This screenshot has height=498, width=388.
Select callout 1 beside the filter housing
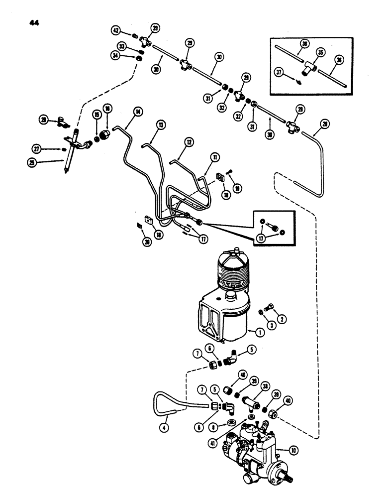pos(259,331)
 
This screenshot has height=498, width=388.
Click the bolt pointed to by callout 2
pos(268,309)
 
